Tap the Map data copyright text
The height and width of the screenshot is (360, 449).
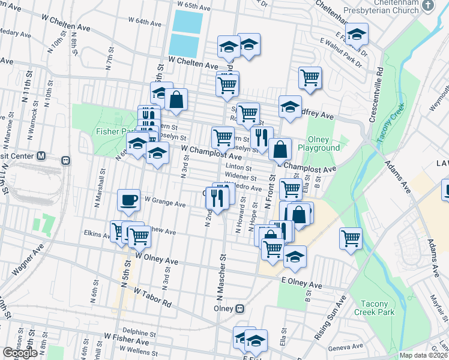(x=423, y=355)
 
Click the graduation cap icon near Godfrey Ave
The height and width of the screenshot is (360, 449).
(x=290, y=107)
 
